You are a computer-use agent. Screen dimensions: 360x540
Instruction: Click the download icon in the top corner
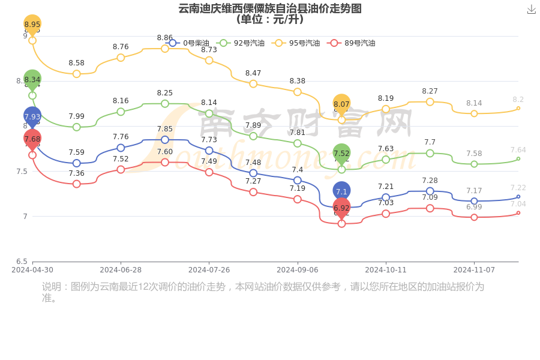(x=531, y=10)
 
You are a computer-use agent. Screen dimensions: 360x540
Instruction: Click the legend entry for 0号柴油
(x=189, y=43)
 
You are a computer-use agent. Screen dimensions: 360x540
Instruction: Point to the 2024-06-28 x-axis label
(x=121, y=270)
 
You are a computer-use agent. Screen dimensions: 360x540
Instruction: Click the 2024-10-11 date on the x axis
(x=386, y=270)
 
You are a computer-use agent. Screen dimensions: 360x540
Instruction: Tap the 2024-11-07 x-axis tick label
(x=474, y=270)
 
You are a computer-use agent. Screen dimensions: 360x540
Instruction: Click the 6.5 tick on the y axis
(x=22, y=262)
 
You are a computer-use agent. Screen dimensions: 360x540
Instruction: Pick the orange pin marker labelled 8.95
(x=32, y=24)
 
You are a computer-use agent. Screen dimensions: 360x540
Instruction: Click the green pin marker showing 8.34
(x=32, y=79)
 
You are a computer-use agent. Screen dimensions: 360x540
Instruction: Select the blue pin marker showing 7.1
(x=341, y=191)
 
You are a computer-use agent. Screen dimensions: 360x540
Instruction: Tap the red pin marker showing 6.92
(x=341, y=208)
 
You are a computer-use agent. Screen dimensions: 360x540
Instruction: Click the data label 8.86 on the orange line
(x=165, y=38)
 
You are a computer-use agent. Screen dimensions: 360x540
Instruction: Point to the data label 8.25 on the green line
(x=165, y=93)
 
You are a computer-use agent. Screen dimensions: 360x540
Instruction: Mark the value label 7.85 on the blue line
(x=165, y=129)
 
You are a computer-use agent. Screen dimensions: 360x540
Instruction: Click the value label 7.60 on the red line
(x=165, y=152)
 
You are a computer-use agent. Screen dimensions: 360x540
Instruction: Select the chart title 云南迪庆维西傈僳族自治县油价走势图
(x=270, y=8)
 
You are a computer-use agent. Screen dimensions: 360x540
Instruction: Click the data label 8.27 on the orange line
(x=430, y=91)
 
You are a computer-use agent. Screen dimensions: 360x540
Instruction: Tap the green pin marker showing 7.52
(x=341, y=153)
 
